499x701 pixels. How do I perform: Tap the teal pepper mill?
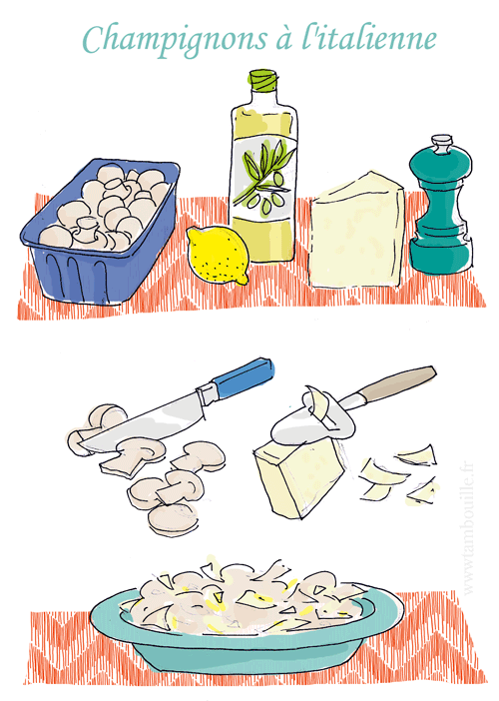[x=440, y=211]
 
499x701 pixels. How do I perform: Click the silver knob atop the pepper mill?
[x=441, y=144]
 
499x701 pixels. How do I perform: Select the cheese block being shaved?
[x=300, y=478]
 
